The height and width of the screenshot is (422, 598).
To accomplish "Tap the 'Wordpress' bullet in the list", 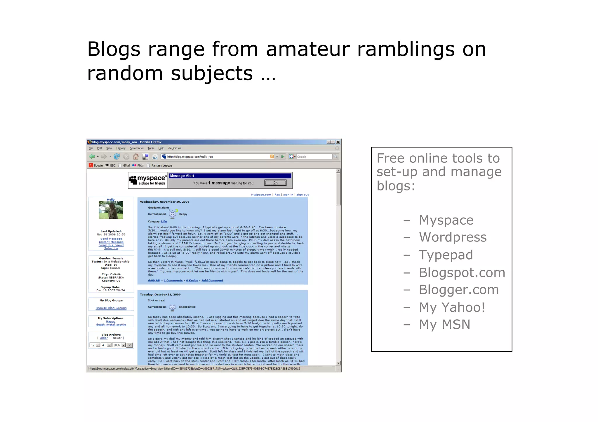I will pyautogui.click(x=453, y=237).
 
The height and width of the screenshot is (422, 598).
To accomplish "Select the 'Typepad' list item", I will pyautogui.click(x=446, y=255).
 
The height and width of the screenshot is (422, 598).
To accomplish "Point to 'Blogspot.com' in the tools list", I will pyautogui.click(x=462, y=273).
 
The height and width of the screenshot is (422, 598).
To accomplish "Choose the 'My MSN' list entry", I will pyautogui.click(x=444, y=324).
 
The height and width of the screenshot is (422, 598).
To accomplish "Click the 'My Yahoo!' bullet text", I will pyautogui.click(x=452, y=307).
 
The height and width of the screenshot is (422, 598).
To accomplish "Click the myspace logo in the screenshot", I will pyautogui.click(x=148, y=180).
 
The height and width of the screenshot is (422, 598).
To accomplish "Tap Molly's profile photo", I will pyautogui.click(x=111, y=210).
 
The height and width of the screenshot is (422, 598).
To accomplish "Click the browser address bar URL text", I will pyautogui.click(x=190, y=157).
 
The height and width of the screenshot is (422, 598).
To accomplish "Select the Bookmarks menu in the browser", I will pyautogui.click(x=136, y=148).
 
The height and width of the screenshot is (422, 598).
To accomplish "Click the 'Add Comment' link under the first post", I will pyautogui.click(x=212, y=281).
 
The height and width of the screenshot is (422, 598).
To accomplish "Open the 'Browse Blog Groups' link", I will pyautogui.click(x=111, y=308).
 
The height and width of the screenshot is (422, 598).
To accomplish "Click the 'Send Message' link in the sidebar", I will pyautogui.click(x=111, y=239).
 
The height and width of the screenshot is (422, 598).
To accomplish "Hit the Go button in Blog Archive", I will pyautogui.click(x=130, y=345).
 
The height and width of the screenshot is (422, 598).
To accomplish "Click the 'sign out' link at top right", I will pyautogui.click(x=303, y=195).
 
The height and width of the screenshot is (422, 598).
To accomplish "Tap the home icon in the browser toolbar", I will pyautogui.click(x=136, y=157).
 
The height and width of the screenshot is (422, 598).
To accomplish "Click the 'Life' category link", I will pyautogui.click(x=164, y=222).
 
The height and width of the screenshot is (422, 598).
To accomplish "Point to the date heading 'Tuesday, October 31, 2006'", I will pyautogui.click(x=160, y=295).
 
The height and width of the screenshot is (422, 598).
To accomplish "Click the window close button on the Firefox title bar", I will pyautogui.click(x=338, y=142).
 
